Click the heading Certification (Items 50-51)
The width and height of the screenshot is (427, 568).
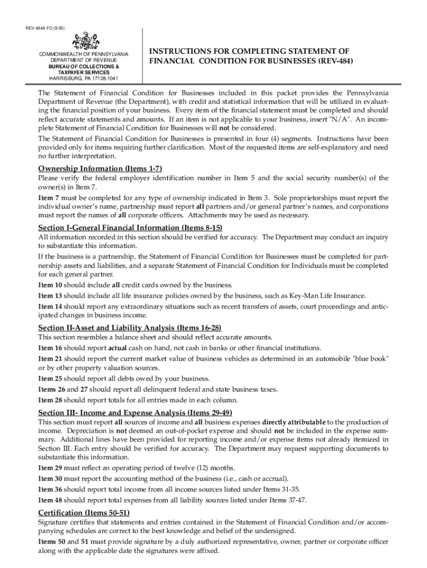coord(84,512)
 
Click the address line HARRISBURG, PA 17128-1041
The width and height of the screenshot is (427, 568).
coord(82,78)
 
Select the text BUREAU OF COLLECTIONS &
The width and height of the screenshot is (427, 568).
coord(82,66)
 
